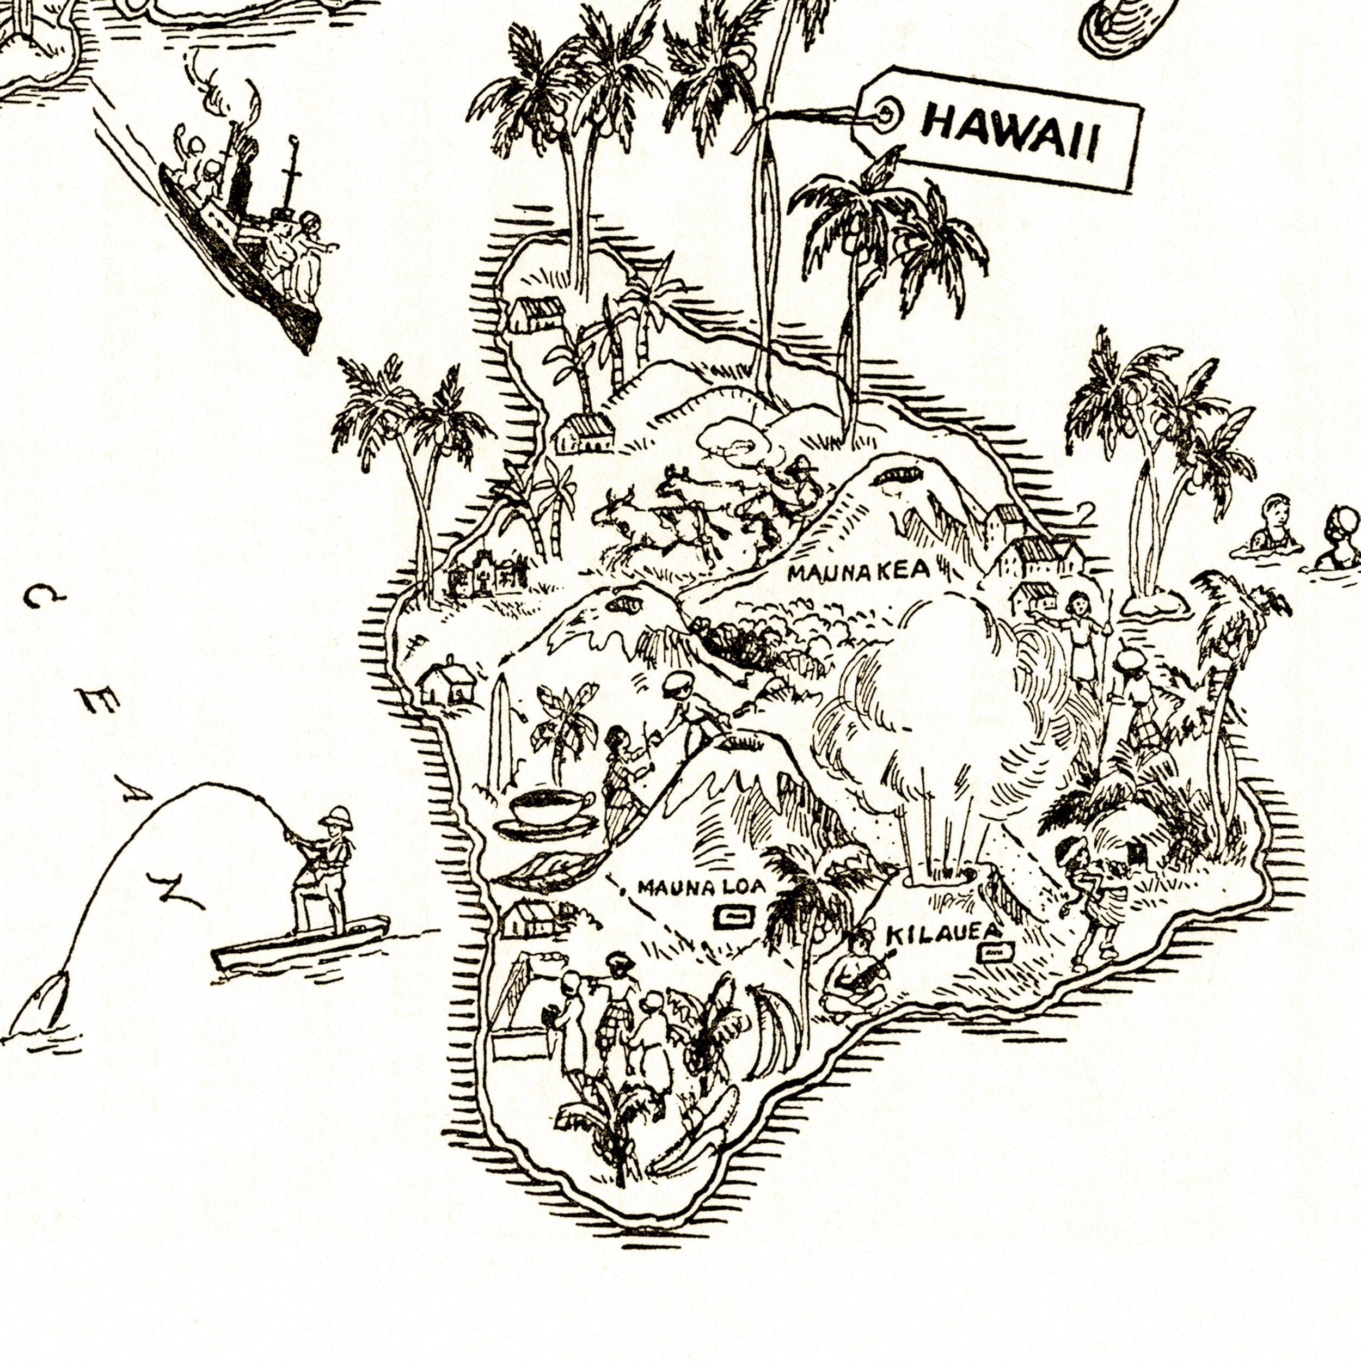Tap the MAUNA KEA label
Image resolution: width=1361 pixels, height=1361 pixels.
pyautogui.click(x=859, y=571)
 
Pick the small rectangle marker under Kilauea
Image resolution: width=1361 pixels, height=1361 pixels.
pyautogui.click(x=994, y=953)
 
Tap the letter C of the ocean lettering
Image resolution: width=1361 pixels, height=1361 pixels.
pyautogui.click(x=44, y=597)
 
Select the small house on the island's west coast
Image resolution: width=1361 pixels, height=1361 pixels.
pyautogui.click(x=446, y=682)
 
